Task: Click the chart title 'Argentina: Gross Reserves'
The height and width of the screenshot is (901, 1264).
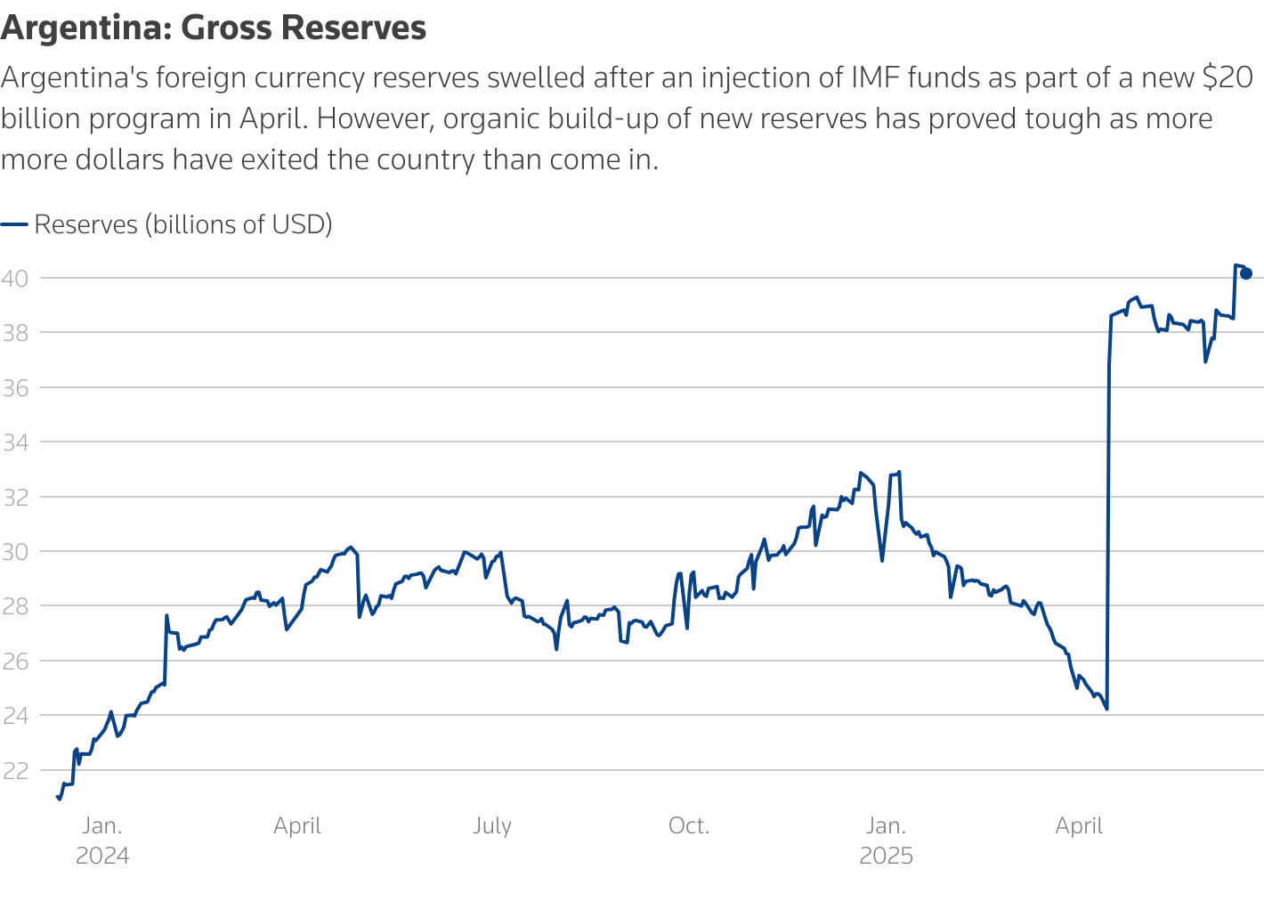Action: [x=214, y=28]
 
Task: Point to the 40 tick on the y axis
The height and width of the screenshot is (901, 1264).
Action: [x=15, y=278]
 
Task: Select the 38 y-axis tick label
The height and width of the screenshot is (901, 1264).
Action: [x=15, y=333]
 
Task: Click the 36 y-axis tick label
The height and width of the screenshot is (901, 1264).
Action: [x=15, y=387]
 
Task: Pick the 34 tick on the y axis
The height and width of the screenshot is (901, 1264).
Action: [x=15, y=442]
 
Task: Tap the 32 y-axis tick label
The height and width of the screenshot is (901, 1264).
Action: [x=15, y=497]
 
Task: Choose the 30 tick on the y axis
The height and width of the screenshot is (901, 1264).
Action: [x=15, y=552]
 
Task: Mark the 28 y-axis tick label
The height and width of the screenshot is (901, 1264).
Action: [x=15, y=606]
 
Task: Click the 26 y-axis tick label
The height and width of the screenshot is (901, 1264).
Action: [x=15, y=661]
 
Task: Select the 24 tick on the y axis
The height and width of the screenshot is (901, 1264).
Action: [x=15, y=716]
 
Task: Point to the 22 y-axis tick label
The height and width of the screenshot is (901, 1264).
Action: [x=15, y=770]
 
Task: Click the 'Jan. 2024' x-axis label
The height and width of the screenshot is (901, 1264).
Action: [x=102, y=840]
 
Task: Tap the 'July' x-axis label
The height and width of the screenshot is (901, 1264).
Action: [x=492, y=826]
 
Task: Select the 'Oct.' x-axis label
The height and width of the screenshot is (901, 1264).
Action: [x=689, y=826]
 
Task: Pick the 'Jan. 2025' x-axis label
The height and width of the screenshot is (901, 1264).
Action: [x=886, y=840]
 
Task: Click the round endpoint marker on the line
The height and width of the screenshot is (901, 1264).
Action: [x=1246, y=273]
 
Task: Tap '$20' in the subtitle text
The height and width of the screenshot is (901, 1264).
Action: [x=1228, y=78]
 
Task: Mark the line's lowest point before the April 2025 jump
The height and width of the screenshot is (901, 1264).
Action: [x=1106, y=709]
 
